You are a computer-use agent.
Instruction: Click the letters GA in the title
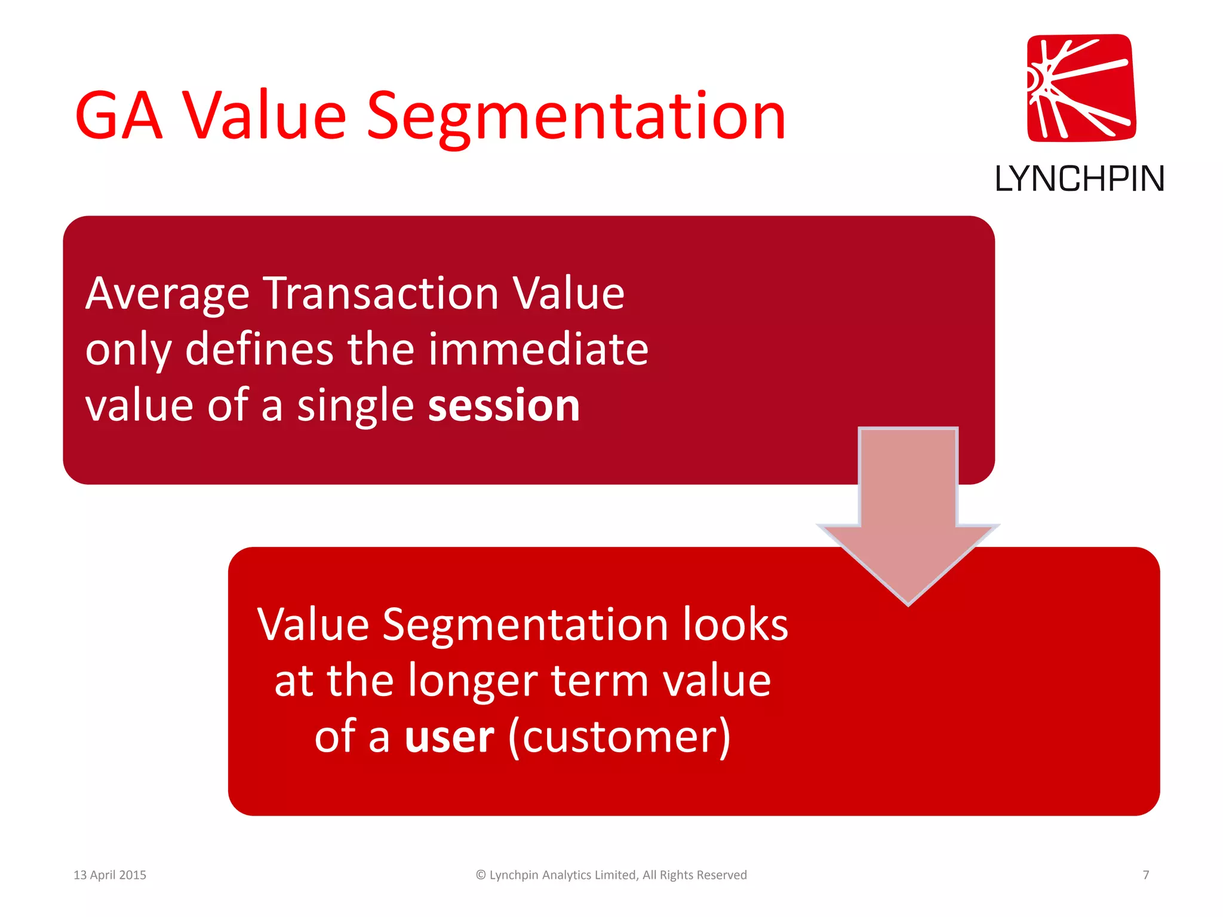pyautogui.click(x=119, y=116)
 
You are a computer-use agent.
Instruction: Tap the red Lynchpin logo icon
pyautogui.click(x=1081, y=88)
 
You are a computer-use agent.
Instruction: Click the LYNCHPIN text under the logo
pyautogui.click(x=1079, y=179)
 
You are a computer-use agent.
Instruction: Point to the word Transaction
pyautogui.click(x=382, y=294)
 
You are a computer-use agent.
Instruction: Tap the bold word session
pyautogui.click(x=504, y=405)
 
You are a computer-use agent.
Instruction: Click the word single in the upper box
pyautogui.click(x=355, y=405)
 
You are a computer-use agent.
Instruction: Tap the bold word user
pyautogui.click(x=449, y=737)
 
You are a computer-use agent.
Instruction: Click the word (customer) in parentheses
pyautogui.click(x=619, y=737)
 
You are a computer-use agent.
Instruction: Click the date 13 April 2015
pyautogui.click(x=110, y=875)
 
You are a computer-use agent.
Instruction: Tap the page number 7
pyautogui.click(x=1145, y=875)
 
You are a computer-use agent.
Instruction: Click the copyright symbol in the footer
pyautogui.click(x=481, y=875)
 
